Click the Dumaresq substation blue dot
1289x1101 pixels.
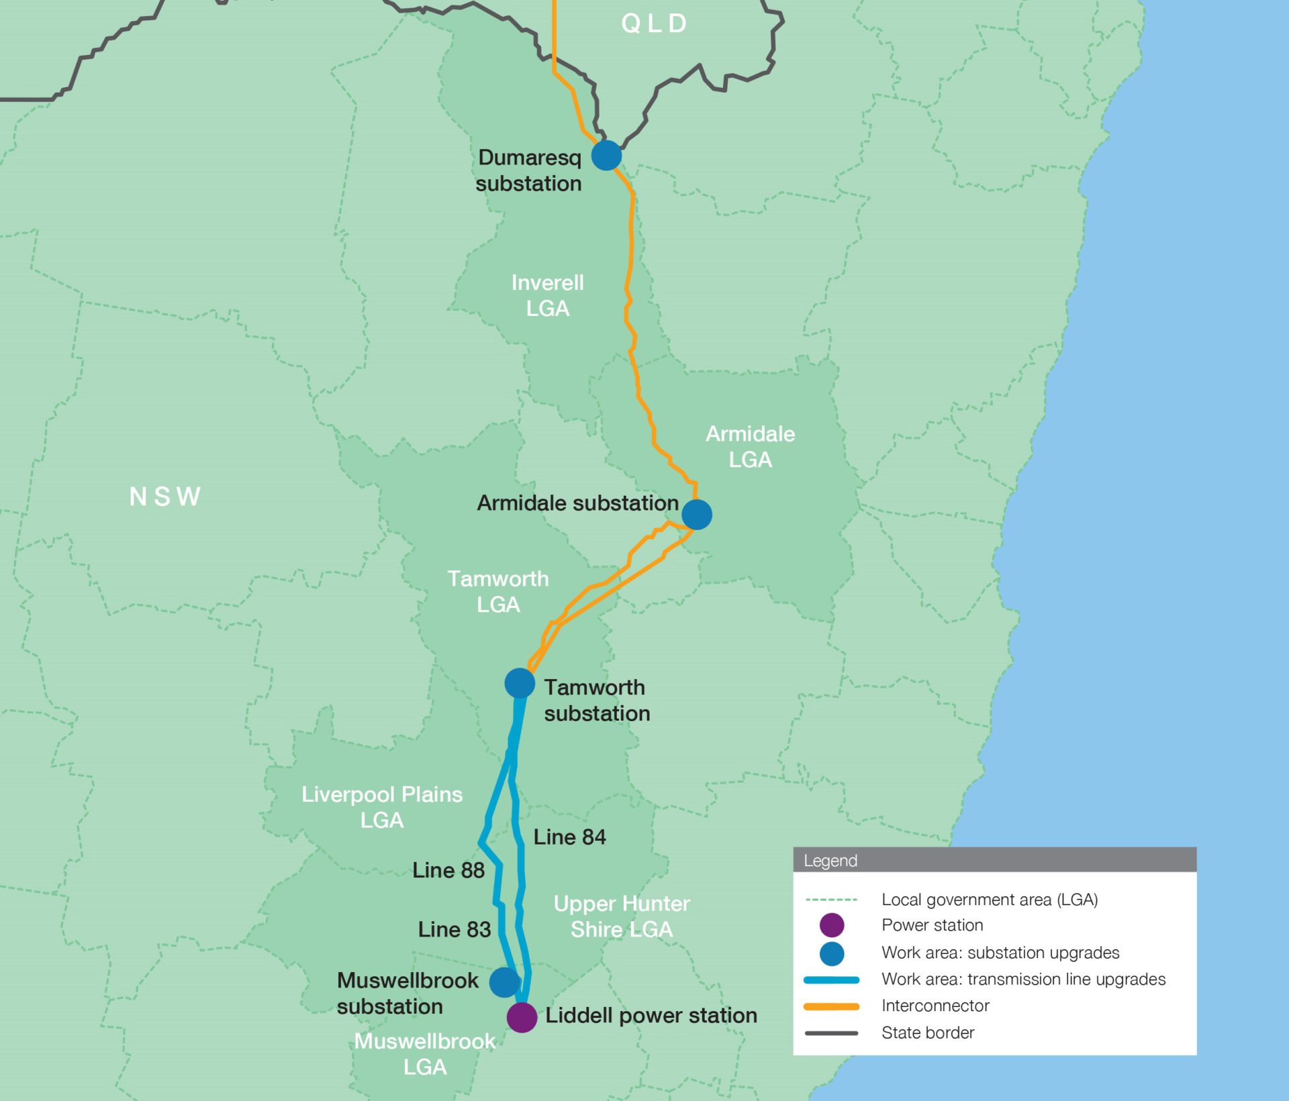tap(606, 155)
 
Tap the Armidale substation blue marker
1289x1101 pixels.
tap(697, 515)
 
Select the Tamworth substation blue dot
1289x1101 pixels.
tap(520, 684)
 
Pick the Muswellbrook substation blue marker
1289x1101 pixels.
tap(505, 982)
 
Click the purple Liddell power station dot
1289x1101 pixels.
tap(522, 1017)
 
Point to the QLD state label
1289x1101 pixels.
tap(654, 23)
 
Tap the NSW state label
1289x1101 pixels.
tap(165, 496)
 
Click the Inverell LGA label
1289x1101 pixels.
tap(548, 295)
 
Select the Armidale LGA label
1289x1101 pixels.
tap(750, 447)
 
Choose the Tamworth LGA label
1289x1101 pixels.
tap(498, 592)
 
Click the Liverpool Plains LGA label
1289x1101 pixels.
tap(382, 807)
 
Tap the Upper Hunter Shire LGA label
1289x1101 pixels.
tap(622, 916)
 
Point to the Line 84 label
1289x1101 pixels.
tap(569, 837)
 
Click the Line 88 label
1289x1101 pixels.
tap(448, 870)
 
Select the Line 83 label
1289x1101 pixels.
tap(455, 929)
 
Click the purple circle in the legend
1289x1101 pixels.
tap(832, 925)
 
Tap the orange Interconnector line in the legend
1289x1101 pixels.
tap(831, 1006)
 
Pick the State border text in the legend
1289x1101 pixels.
tap(928, 1033)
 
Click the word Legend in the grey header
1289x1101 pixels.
tap(830, 861)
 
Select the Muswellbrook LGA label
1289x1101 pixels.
tap(425, 1054)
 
